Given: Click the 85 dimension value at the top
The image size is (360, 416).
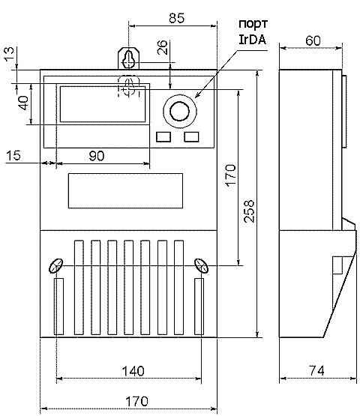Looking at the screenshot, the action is click(x=176, y=18).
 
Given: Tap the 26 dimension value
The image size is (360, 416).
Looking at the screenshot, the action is click(x=162, y=47).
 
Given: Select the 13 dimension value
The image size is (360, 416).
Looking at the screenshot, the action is click(x=9, y=54).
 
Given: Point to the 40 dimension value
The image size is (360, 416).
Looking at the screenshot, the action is click(x=23, y=103).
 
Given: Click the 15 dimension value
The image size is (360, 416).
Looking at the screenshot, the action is click(x=13, y=155).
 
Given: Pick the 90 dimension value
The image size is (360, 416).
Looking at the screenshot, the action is click(x=97, y=156).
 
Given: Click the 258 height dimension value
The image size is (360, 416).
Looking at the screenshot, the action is click(x=249, y=211).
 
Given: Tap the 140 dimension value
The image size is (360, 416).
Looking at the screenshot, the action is click(x=133, y=371).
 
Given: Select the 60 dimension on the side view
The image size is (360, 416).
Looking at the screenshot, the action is click(x=313, y=40).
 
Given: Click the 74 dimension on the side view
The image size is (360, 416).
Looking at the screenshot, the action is click(x=316, y=370).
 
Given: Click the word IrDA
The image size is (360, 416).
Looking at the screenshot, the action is click(x=252, y=40).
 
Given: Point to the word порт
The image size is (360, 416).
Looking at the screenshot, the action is click(x=253, y=24).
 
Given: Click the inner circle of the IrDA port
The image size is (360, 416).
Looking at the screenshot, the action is click(x=179, y=111).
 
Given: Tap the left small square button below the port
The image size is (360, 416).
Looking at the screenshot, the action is click(x=163, y=137).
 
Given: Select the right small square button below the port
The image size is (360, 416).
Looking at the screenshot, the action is click(x=191, y=137).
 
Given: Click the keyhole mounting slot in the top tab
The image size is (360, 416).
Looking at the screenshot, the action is click(x=129, y=59).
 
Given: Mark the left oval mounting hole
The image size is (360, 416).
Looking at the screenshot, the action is click(x=55, y=265).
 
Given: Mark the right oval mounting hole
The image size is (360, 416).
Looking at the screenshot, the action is click(x=201, y=265).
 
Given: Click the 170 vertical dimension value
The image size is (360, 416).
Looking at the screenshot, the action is click(x=231, y=175).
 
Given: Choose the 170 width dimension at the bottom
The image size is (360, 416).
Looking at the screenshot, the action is click(x=136, y=401).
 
